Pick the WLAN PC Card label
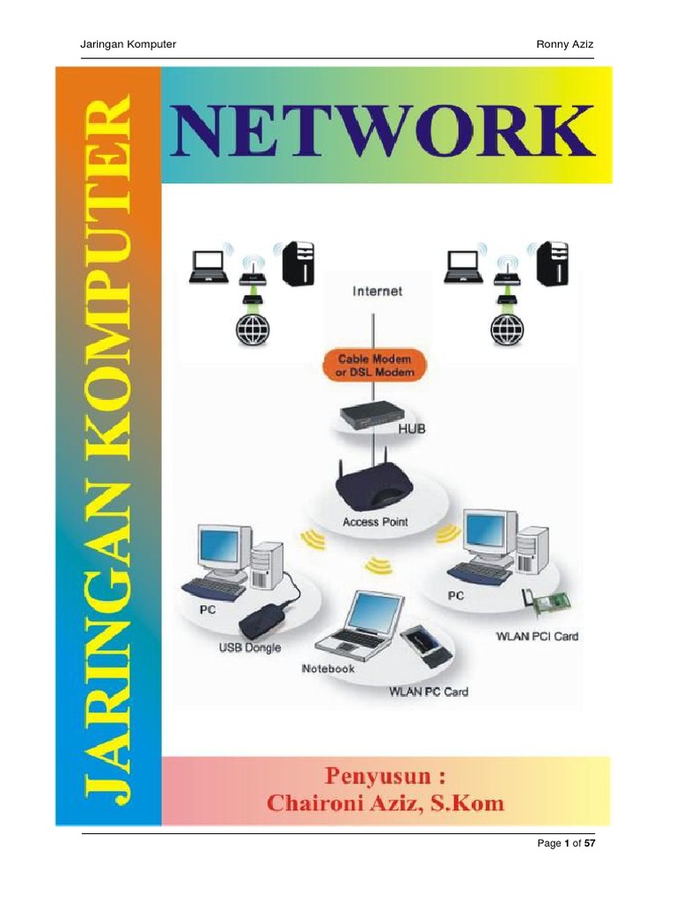coord(429,692)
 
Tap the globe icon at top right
coord(506,329)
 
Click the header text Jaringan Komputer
coord(128,44)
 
